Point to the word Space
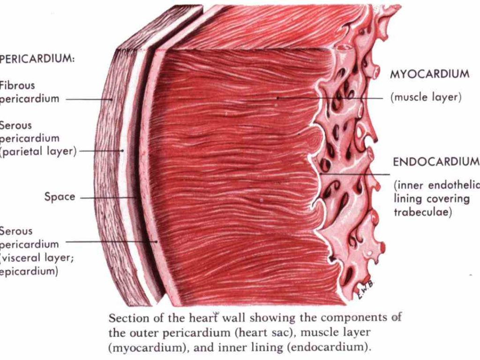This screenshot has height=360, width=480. point(60,197)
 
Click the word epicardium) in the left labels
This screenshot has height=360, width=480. point(29,271)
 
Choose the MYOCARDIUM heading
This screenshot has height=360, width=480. point(429,74)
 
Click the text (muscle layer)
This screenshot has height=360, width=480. point(426,97)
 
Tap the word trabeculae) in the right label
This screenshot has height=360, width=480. point(422,212)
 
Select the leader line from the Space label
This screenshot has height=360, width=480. point(108,198)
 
